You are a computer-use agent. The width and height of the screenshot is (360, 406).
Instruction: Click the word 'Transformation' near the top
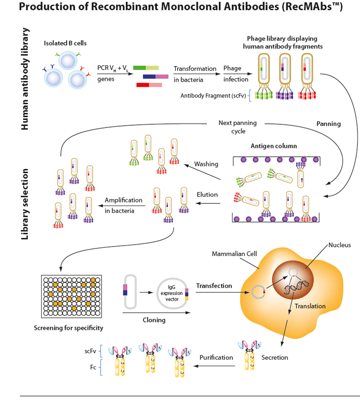195,68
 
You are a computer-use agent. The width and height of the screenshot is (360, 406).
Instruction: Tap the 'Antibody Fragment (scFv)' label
214,96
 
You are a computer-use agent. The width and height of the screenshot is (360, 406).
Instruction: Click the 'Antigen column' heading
274,146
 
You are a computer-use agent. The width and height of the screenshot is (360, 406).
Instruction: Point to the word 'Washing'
206,164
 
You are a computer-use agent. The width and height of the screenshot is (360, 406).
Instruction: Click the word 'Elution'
207,194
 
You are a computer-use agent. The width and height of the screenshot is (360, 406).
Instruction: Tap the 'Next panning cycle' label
238,127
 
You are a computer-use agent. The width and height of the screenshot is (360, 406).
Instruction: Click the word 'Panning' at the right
329,124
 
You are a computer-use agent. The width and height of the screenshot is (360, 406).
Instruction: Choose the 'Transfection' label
214,286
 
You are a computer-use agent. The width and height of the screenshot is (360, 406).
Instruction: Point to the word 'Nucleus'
340,244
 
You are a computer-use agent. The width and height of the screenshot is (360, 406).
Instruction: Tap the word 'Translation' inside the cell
310,306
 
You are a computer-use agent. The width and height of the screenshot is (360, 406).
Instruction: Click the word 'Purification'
216,357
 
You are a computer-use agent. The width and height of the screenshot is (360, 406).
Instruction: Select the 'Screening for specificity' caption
68,328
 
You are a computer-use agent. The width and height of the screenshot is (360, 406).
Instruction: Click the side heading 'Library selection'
26,204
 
